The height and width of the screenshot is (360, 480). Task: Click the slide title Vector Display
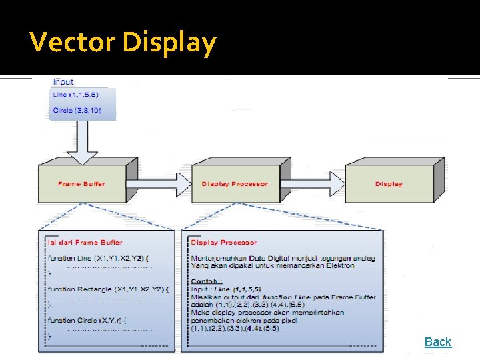coord(123,43)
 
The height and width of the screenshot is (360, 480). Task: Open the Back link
coord(437,342)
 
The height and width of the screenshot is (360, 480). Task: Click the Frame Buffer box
coord(81,184)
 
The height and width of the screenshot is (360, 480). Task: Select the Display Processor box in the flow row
coord(235,184)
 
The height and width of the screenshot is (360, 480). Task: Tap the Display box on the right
coord(389,184)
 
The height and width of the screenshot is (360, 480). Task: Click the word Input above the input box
coord(63,82)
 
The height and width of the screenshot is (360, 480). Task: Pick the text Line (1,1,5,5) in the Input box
coord(75,95)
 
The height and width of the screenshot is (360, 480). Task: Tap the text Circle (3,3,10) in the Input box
coord(77,110)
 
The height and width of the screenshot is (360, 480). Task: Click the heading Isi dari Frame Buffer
coord(85,243)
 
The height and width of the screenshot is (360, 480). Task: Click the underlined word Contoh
coord(206,281)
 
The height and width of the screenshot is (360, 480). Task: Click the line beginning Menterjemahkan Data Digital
coord(283,258)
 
